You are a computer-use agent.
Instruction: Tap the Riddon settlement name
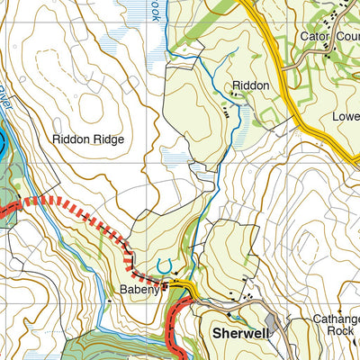pos(251,85)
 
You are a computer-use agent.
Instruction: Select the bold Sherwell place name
pos(240,332)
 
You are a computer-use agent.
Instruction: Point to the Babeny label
pos(139,291)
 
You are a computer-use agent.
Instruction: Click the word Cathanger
pos(336,319)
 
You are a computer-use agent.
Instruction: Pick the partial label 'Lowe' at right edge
pos(346,117)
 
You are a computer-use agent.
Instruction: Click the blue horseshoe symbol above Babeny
pos(163,265)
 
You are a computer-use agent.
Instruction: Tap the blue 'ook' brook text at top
pos(156,11)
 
